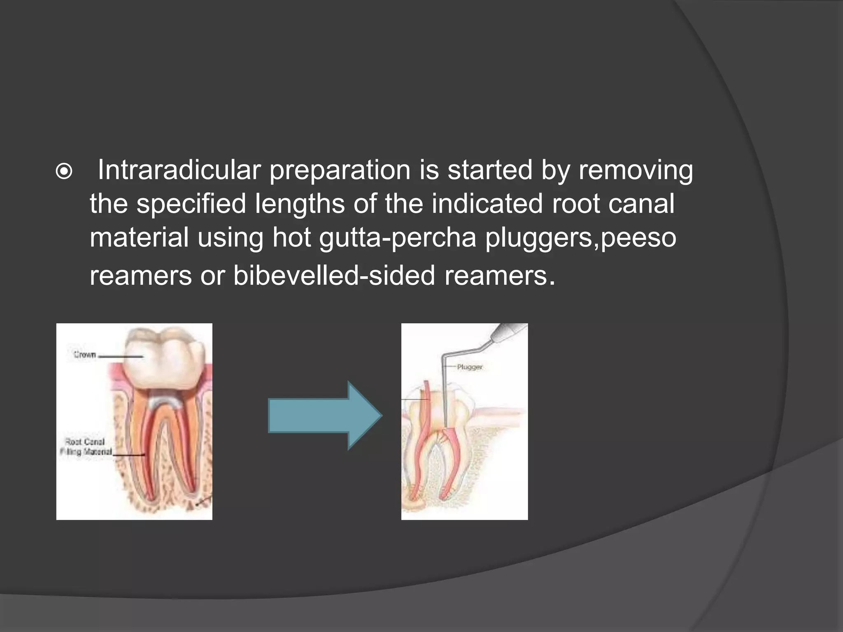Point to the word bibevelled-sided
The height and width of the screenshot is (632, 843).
pos(334,275)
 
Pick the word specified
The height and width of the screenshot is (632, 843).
pos(191,204)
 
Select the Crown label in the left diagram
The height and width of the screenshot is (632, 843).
pos(85,355)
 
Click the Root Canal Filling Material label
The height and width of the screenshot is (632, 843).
pos(86,447)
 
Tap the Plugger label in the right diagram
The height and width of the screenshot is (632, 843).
pos(470,367)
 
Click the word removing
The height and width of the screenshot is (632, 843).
pos(636,170)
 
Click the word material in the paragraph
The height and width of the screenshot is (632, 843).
pos(139,238)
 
